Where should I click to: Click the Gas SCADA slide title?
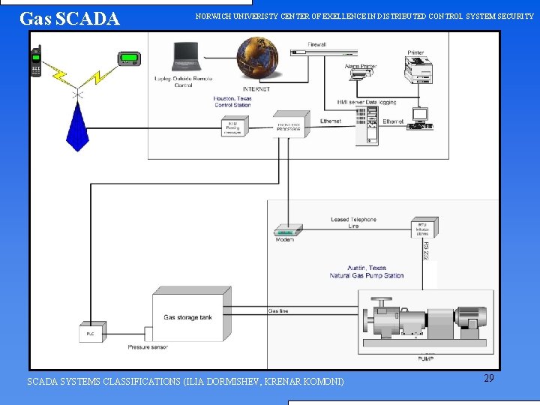70,19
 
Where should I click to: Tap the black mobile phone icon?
35,61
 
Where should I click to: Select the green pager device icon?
129,59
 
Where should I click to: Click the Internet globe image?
256,58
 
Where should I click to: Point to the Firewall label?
318,45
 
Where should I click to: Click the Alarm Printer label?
361,67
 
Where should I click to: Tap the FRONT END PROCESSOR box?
289,127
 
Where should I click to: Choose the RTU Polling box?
233,127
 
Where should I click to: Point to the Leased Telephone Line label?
353,223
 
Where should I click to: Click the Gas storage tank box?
187,317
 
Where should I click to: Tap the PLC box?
91,332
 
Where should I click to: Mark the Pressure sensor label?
148,347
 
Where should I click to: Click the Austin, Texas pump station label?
367,271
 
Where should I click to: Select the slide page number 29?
488,379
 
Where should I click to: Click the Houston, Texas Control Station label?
232,102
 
